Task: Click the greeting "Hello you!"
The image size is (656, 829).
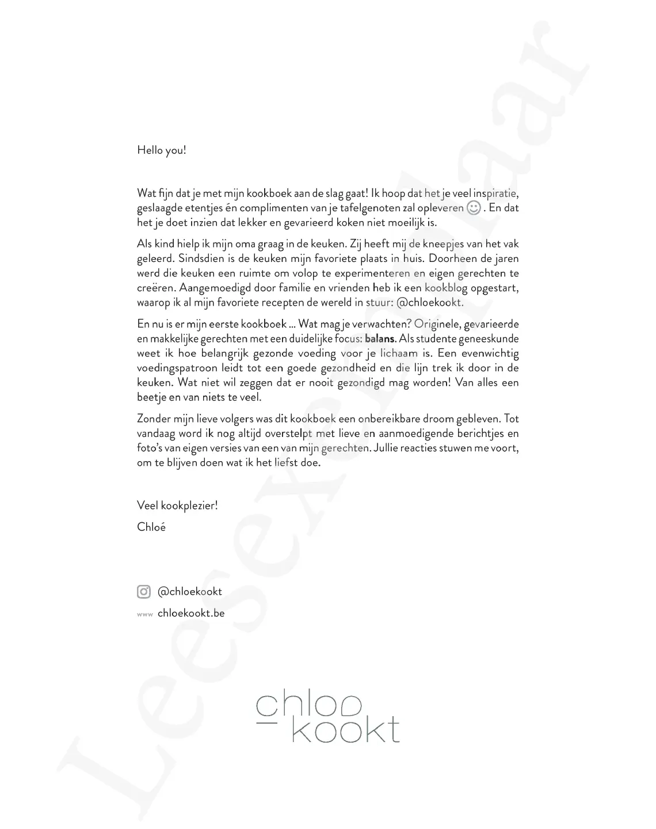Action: point(162,151)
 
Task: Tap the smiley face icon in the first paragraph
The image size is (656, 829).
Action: point(473,208)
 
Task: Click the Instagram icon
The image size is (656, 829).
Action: point(144,591)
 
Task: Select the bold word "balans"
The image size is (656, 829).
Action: point(380,339)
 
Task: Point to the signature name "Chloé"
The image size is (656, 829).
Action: point(151,527)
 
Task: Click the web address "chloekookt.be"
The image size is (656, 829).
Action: point(191,613)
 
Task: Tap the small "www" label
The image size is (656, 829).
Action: point(145,614)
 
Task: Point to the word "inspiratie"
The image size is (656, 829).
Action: point(495,193)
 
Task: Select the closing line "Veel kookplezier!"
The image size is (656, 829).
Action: point(177,506)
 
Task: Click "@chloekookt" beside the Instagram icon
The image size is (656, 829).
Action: point(189,591)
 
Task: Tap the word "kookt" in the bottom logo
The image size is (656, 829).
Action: point(345,730)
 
